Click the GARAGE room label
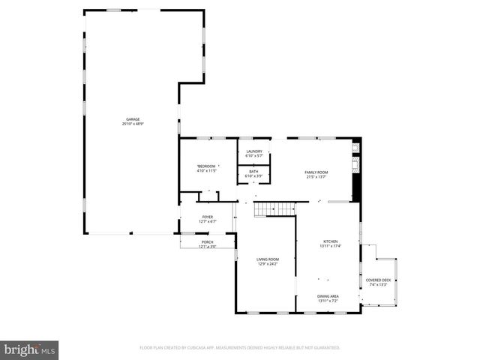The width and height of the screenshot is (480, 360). coord(133,119)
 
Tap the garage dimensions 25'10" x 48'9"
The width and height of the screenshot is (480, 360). coord(133,124)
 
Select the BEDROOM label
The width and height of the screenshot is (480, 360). coord(206,166)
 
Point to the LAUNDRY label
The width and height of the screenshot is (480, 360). coord(254,151)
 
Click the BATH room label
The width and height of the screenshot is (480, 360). coord(254,172)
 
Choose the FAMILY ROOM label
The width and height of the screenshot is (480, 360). coord(316,172)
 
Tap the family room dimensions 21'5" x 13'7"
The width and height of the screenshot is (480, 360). coord(316,177)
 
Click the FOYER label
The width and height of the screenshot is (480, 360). coord(207,217)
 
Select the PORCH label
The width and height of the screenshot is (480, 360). coord(207,241)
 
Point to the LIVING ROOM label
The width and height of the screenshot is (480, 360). coord(268,259)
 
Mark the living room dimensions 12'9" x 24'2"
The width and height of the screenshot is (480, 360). coord(268,264)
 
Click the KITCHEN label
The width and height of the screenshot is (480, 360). coord(331,241)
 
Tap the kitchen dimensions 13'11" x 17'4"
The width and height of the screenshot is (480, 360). coord(331,246)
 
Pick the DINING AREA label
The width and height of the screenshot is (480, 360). coord(328,296)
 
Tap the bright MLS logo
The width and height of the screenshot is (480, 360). coord(30,349)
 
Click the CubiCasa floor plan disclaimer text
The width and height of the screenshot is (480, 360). coord(240,348)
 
